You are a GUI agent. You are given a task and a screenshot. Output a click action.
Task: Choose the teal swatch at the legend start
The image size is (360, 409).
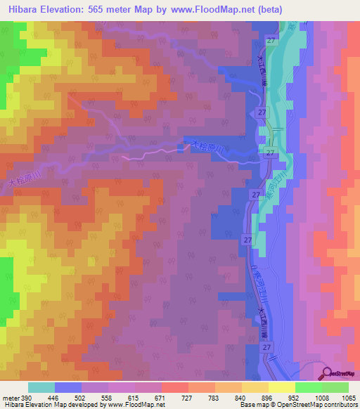[x=41, y=387]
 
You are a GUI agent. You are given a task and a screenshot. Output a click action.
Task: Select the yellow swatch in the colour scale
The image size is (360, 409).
[x=282, y=387]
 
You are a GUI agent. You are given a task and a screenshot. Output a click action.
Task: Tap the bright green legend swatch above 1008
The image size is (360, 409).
[x=309, y=387]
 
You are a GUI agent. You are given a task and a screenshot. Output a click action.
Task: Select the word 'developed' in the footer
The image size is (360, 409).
[x=82, y=405]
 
